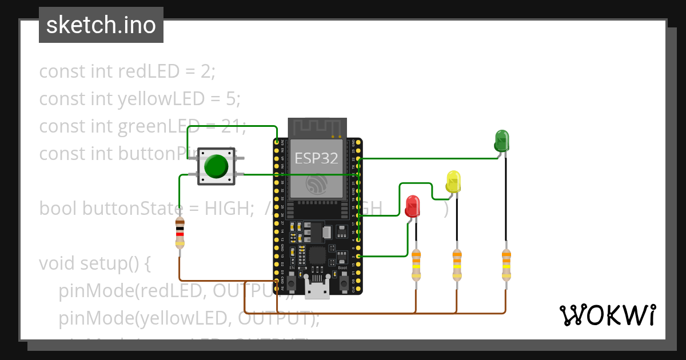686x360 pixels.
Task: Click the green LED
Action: point(501,141)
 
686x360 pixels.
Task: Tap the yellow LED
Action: point(453,181)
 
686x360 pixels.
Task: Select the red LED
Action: point(412,206)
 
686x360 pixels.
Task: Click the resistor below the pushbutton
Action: point(180,233)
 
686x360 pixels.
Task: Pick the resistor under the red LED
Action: point(416,265)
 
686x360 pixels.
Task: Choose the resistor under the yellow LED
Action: point(456,265)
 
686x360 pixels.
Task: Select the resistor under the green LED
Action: point(505,265)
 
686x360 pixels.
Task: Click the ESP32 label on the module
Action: point(316,158)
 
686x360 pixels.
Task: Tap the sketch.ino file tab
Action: point(101,25)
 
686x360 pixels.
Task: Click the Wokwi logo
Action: point(607,315)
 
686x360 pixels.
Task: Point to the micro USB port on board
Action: point(317,289)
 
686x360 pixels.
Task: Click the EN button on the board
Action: point(292,281)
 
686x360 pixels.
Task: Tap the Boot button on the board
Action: point(343,281)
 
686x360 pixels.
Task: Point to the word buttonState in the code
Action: point(132,209)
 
